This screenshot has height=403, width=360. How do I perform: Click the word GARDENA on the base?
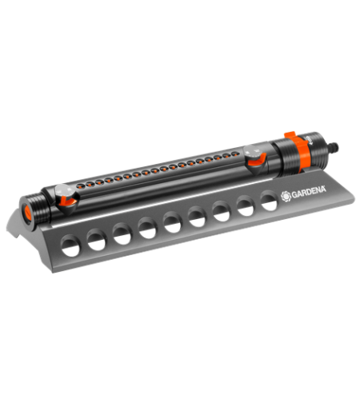click(x=309, y=193)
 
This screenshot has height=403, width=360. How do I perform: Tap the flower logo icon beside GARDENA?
click(x=286, y=197)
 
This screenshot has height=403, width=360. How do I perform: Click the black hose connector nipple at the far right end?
click(x=333, y=147)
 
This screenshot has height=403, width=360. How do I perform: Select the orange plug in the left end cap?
click(x=27, y=213)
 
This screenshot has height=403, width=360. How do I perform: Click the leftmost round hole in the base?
click(x=70, y=245)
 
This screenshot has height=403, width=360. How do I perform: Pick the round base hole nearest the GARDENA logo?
click(x=269, y=201)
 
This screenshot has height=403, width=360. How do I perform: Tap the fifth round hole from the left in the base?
click(x=173, y=222)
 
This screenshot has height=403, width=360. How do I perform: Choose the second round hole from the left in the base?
click(x=97, y=240)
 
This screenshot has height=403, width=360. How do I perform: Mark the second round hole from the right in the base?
click(x=246, y=205)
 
